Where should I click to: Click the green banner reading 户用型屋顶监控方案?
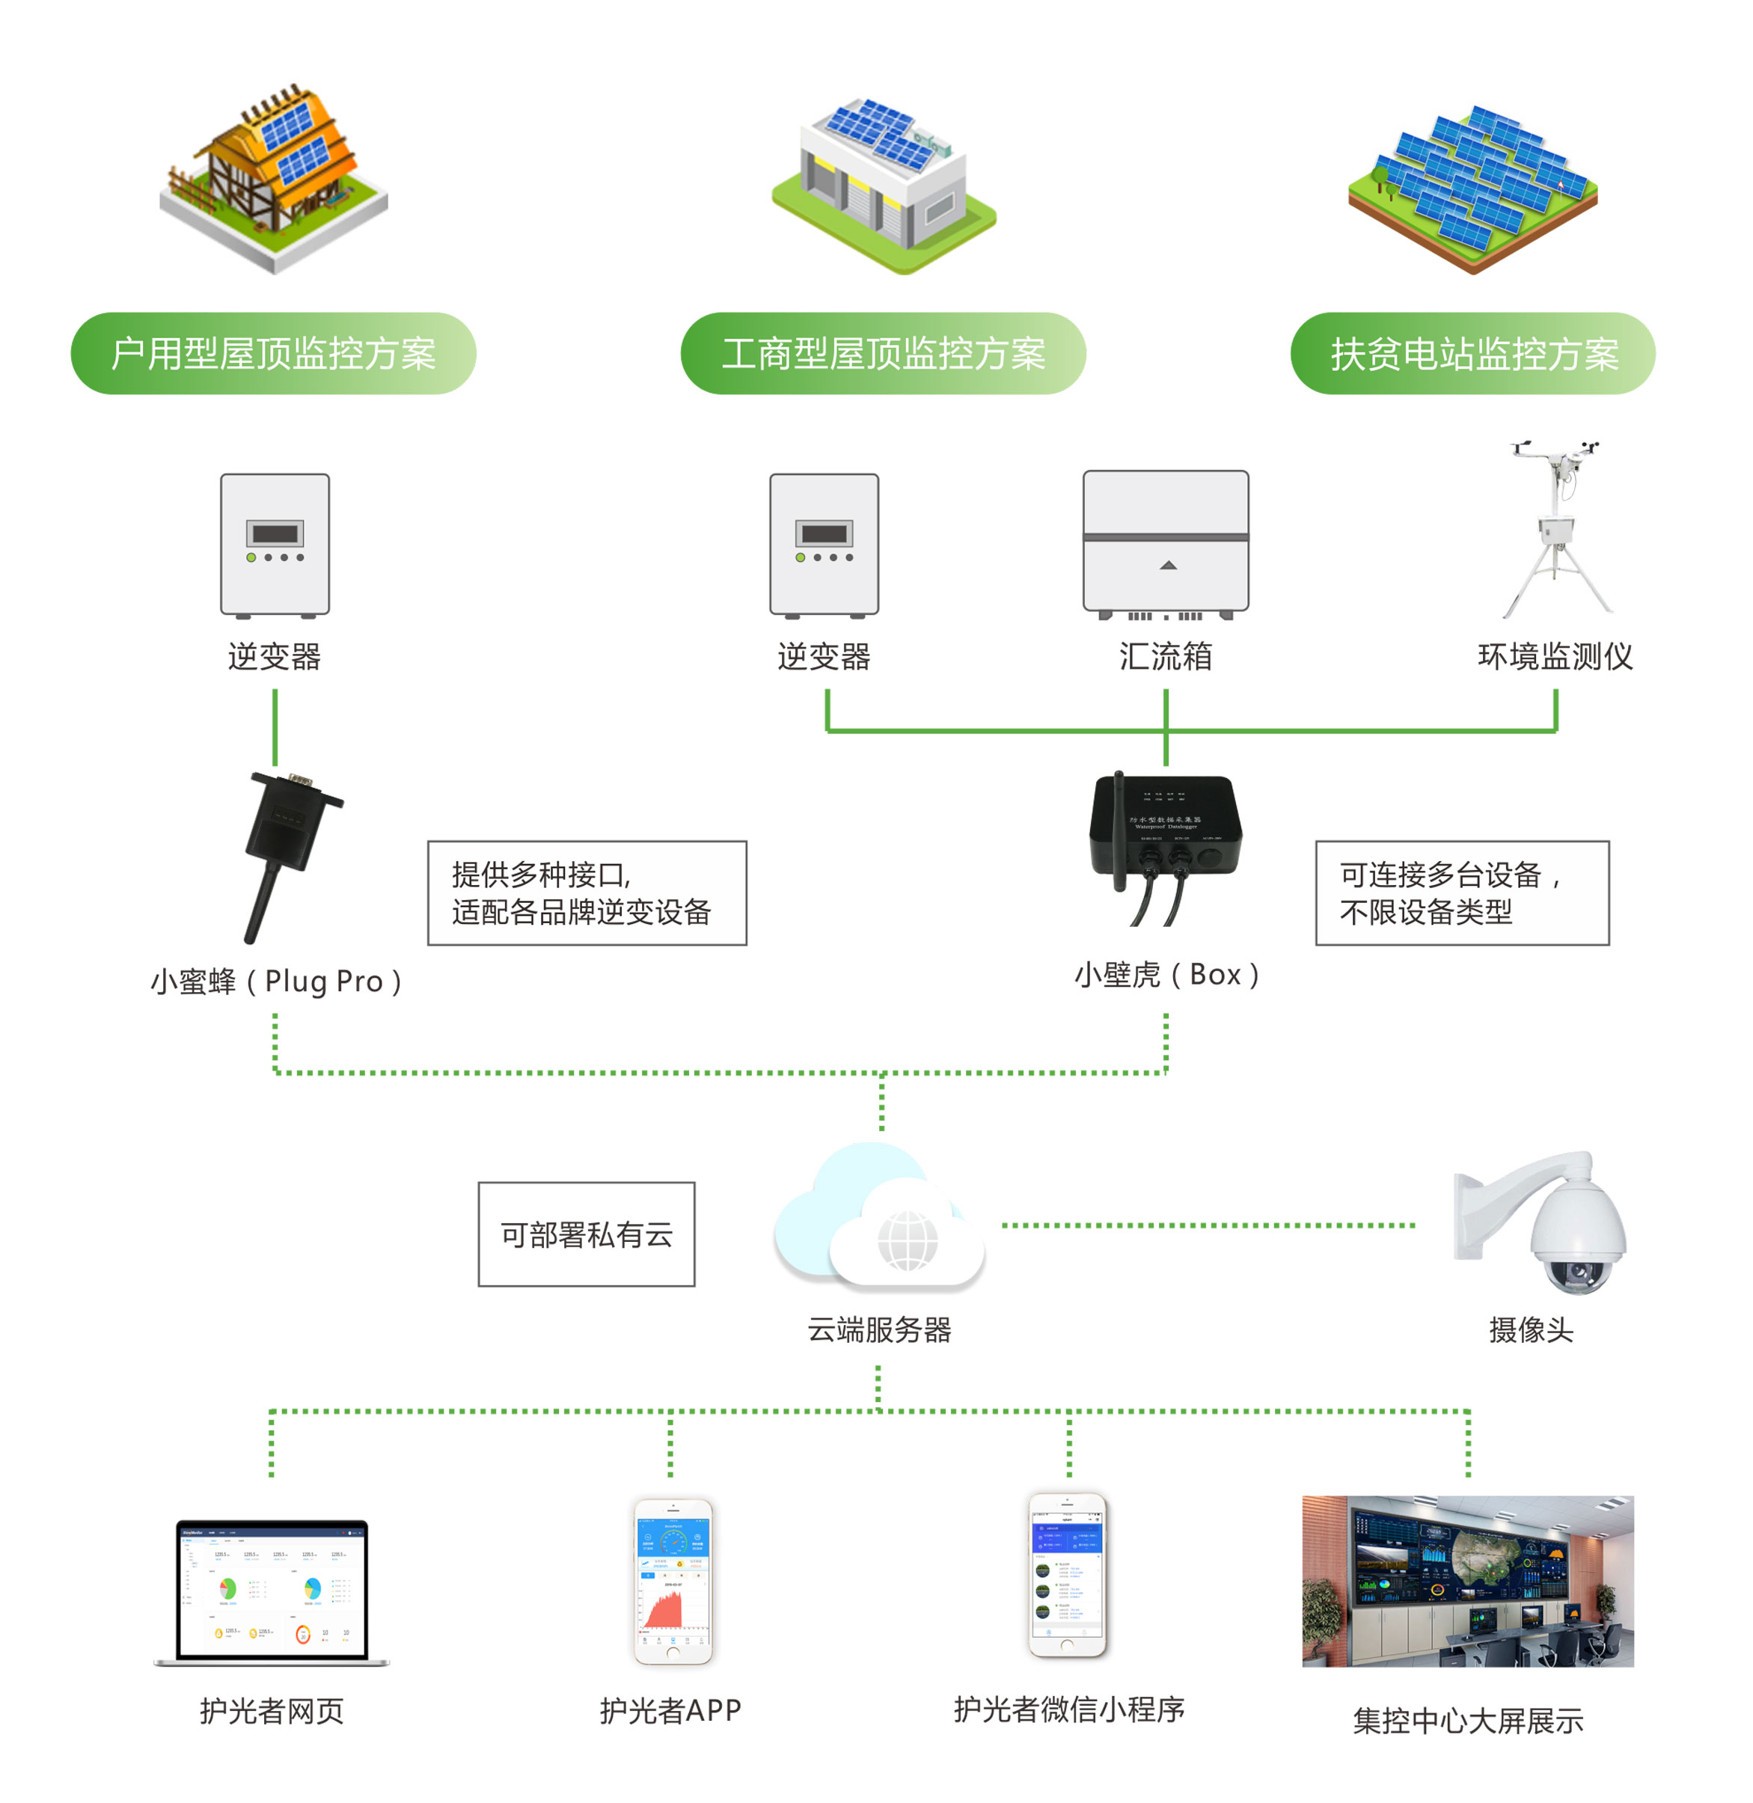[x=272, y=354]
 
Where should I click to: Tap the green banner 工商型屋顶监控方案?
[x=882, y=354]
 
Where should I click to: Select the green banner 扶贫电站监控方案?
[x=1472, y=354]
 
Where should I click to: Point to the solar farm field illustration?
[x=1472, y=189]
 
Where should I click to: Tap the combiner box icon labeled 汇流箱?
[x=1166, y=543]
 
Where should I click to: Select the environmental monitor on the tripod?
[x=1557, y=530]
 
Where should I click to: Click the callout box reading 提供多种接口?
[x=587, y=893]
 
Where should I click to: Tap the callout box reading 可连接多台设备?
[x=1461, y=893]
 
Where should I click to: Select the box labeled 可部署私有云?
[x=587, y=1234]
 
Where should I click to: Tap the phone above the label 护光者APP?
[x=673, y=1580]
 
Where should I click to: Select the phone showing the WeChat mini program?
[x=1067, y=1576]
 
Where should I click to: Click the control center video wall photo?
[x=1468, y=1580]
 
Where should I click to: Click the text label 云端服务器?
[x=879, y=1329]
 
